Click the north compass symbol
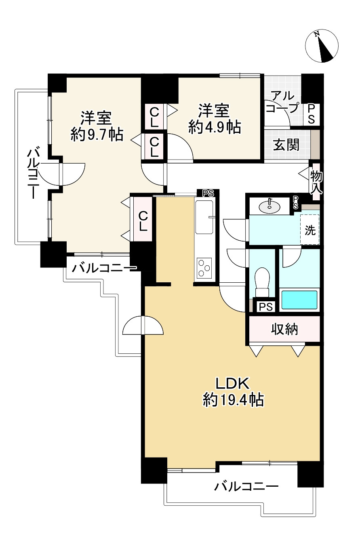point(322,46)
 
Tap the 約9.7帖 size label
point(97,135)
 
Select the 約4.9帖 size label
point(215,127)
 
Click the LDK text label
point(232,384)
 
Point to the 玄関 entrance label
point(286,145)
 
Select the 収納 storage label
point(284,329)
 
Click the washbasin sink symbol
point(269,206)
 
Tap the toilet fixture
point(262,282)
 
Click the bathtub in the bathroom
point(299,300)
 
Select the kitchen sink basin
point(204,217)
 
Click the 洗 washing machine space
point(310,229)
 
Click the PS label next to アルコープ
point(312,114)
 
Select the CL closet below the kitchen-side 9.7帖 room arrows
point(143,221)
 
